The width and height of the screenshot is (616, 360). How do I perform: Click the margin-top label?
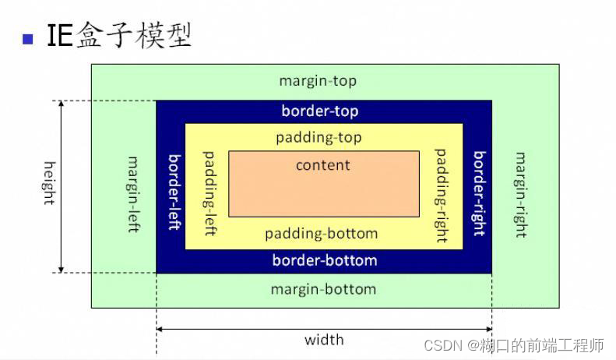pos(318,81)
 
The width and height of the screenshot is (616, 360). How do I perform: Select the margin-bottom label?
pos(323,289)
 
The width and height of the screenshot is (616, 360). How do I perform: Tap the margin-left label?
pos(133,194)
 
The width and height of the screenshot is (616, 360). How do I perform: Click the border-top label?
pos(320,111)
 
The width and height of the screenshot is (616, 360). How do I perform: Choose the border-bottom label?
pos(324,260)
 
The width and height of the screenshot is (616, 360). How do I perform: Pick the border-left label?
pos(174,191)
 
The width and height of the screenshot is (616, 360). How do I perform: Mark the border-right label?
pos(479,192)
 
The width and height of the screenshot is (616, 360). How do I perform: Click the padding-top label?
pos(319,137)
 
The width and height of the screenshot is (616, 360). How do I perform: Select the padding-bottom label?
pos(321,234)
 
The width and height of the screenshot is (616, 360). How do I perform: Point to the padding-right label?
pos(442,194)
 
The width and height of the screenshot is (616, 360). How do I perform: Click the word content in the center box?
pos(323,165)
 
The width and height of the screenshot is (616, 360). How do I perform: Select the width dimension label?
pos(324,340)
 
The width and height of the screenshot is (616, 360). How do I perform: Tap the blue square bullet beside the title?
pos(29,37)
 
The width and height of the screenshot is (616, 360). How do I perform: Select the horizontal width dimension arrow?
pos(324,330)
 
